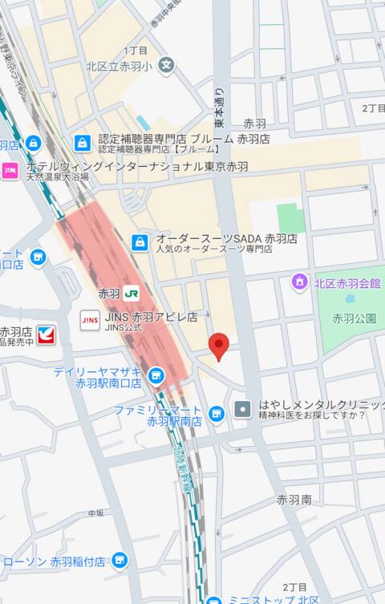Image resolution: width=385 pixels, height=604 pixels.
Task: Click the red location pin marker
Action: tap(219, 346)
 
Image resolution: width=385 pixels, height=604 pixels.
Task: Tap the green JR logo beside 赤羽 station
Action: tap(130, 294)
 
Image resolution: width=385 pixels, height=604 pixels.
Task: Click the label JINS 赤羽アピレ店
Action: tap(150, 318)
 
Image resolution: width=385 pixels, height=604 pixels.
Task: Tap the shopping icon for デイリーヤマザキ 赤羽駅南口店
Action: tap(156, 375)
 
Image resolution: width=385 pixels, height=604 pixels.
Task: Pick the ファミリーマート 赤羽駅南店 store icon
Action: tap(216, 413)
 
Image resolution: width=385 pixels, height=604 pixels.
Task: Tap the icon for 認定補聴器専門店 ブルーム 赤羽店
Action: tap(83, 143)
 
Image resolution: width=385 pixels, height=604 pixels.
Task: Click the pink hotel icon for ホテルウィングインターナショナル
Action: tap(10, 170)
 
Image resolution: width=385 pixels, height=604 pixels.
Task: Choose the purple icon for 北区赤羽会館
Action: tap(299, 282)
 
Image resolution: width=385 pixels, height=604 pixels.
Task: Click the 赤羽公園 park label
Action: tap(354, 318)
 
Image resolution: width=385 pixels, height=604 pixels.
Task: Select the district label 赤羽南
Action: tap(294, 499)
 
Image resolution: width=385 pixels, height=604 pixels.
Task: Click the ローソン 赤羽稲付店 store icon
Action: tap(120, 560)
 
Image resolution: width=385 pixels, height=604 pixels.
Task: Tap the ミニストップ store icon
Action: tap(213, 600)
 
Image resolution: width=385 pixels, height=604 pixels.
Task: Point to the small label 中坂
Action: tap(96, 513)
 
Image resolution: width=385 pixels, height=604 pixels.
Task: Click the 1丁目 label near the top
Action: tap(136, 50)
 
